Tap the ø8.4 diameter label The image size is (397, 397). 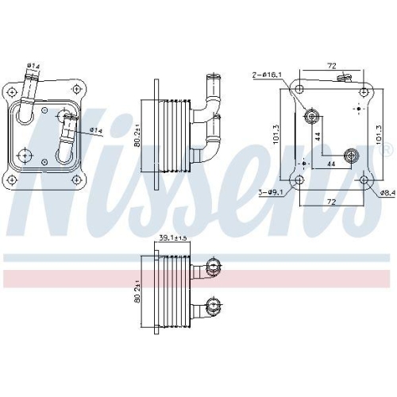click(387, 191)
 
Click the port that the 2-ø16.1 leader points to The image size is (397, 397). click(311, 118)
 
